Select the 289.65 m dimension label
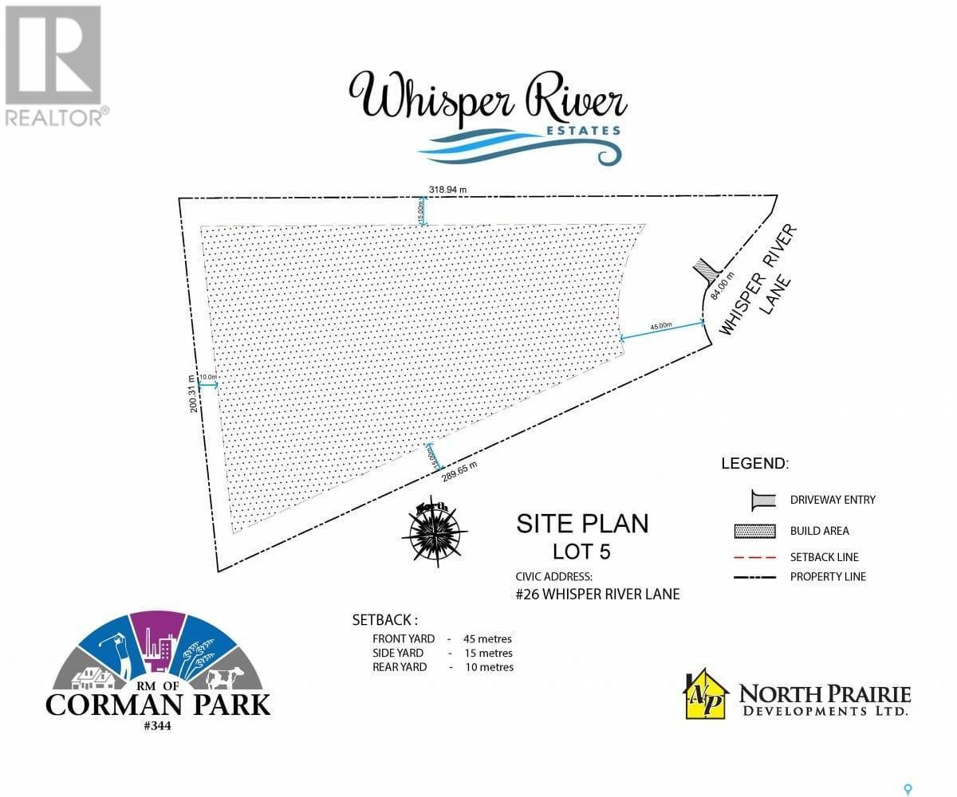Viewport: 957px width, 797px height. (x=459, y=471)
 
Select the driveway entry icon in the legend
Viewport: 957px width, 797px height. (x=763, y=500)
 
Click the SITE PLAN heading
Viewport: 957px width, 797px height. (x=582, y=524)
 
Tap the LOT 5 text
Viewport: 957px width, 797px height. (x=582, y=551)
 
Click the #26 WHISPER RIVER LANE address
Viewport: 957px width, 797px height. (x=598, y=594)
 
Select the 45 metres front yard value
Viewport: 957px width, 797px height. (x=487, y=638)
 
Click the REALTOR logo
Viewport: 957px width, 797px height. (x=53, y=65)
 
